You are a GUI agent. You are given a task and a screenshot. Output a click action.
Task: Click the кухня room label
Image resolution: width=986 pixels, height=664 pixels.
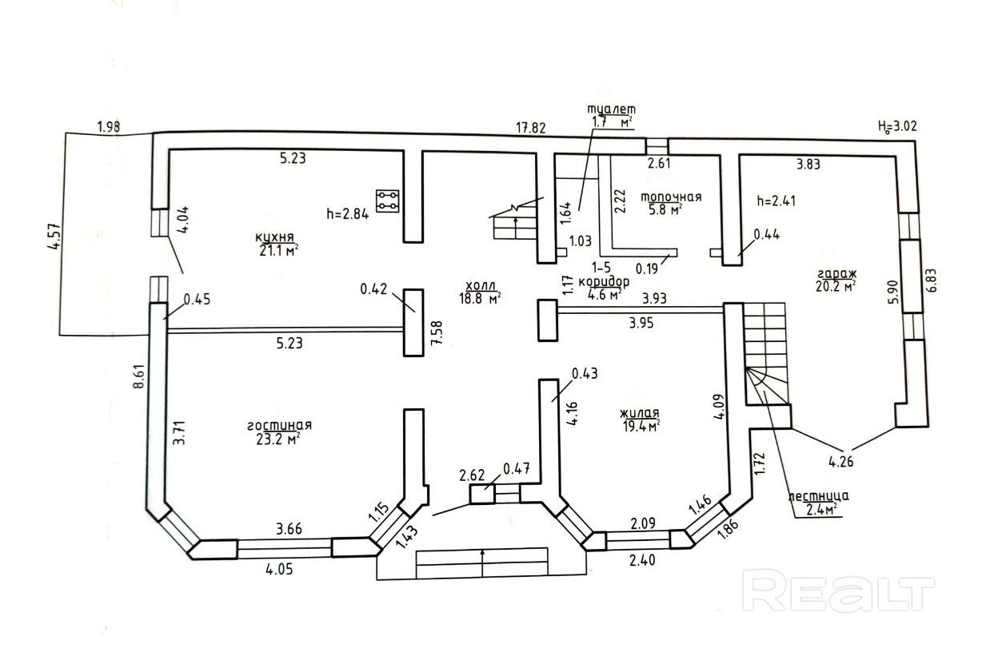coord(275,237)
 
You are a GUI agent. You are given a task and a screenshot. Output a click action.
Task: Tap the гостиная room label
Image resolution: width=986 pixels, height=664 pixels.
coord(279,425)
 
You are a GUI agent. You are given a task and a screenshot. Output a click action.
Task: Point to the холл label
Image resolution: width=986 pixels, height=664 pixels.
coord(480,285)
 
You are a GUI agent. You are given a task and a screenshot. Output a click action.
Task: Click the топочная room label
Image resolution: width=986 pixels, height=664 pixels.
coord(672,197)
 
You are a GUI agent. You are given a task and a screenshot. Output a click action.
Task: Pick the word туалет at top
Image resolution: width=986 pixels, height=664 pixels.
coord(612,109)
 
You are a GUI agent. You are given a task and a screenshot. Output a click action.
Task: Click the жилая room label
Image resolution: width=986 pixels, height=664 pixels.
coord(639,413)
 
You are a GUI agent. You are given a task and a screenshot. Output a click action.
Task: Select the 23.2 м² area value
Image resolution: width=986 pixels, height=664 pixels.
coord(278,439)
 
